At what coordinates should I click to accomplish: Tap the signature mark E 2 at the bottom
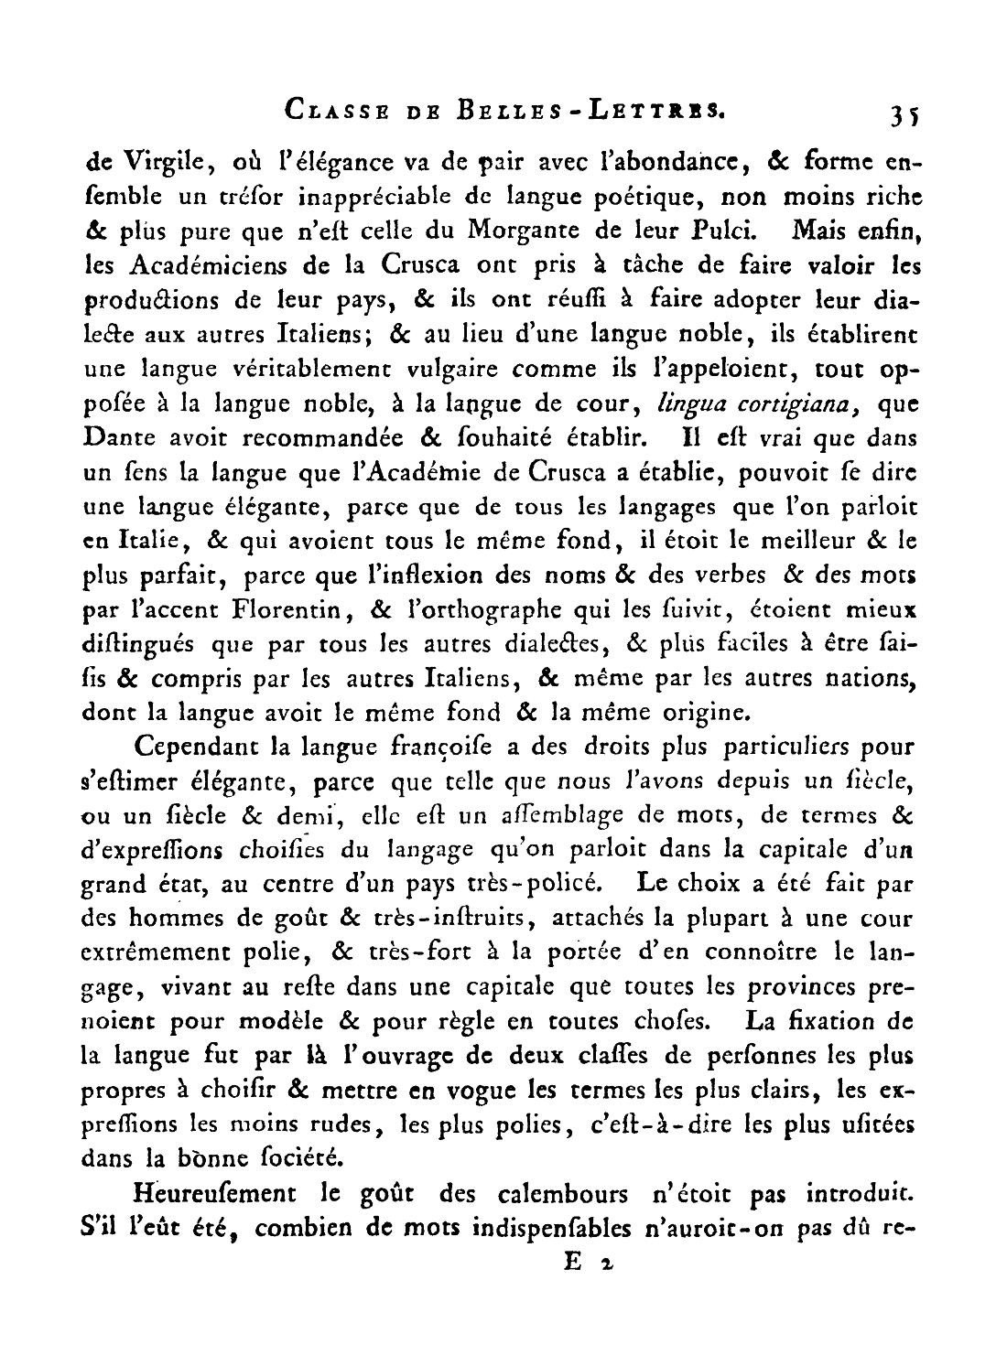pyautogui.click(x=587, y=1263)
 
